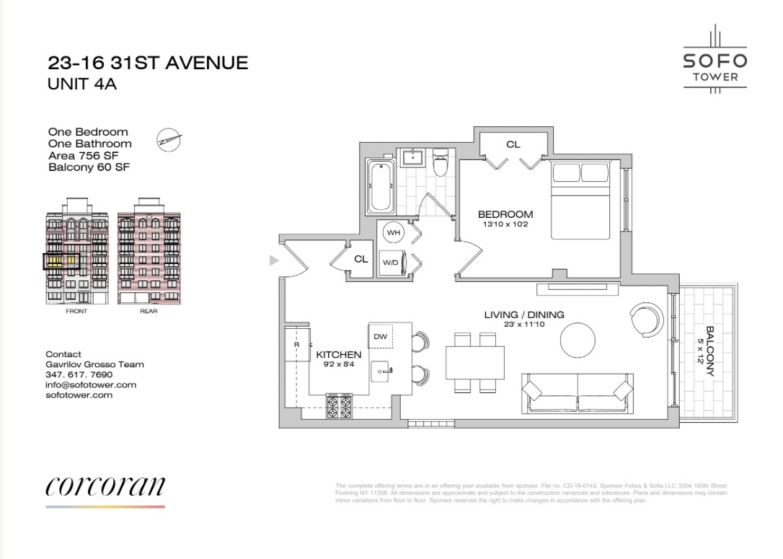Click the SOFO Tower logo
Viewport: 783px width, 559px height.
tap(715, 58)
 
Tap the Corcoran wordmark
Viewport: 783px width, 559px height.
tap(105, 487)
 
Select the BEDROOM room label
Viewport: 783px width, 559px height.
tap(505, 214)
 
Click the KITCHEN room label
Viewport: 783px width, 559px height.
tap(338, 355)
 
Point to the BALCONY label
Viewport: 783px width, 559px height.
tap(710, 351)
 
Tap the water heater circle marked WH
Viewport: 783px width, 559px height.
tap(394, 233)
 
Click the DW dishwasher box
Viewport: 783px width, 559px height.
tap(380, 336)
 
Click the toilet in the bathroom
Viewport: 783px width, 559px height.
tap(441, 162)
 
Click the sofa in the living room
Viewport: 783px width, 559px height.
tap(577, 395)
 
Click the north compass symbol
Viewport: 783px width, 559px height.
tap(169, 138)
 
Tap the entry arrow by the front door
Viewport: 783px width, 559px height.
tap(273, 260)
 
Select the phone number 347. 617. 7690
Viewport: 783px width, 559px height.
tap(79, 375)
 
